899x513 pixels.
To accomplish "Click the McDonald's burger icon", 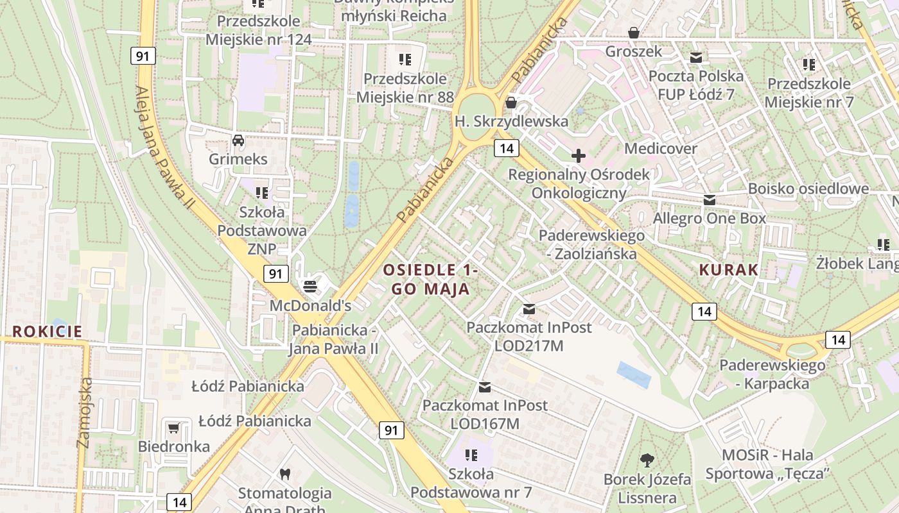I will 310,285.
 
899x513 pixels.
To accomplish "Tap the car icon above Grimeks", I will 238,140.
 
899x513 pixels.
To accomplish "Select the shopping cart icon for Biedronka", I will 173,428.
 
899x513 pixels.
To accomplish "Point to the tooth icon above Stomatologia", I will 285,475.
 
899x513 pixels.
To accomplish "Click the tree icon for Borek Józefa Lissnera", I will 647,460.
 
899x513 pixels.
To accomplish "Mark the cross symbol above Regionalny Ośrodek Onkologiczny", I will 579,155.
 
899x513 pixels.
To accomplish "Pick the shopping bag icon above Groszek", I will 634,33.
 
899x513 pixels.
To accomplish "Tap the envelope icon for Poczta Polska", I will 695,58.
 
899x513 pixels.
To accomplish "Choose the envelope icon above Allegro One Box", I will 709,200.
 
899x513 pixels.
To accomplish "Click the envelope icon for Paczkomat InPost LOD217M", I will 528,309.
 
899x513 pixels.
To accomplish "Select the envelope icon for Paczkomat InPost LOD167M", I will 485,387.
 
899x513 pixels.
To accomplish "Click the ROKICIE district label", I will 48,332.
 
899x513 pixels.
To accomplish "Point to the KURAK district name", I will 729,270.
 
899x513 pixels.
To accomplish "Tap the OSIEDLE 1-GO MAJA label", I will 431,279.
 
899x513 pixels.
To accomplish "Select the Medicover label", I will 661,149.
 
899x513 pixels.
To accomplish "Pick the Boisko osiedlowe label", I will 808,189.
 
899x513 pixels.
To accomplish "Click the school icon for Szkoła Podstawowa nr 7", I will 471,455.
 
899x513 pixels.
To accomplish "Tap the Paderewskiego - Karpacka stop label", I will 772,374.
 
